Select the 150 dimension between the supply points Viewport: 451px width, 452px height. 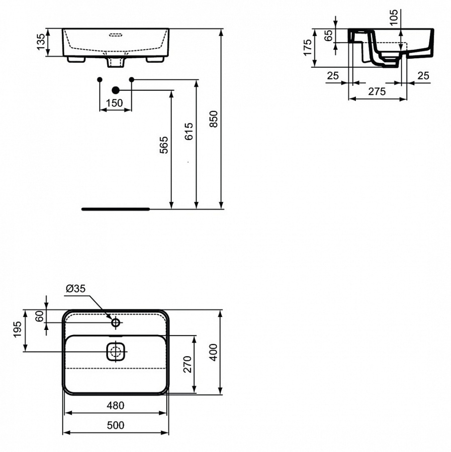pos(115,103)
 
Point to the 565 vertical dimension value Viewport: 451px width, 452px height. pos(164,145)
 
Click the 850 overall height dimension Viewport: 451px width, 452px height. pos(214,119)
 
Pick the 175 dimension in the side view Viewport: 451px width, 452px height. pos(308,48)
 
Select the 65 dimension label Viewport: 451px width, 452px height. pos(328,36)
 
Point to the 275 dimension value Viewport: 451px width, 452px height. pos(377,91)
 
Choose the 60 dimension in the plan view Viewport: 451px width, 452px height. pos(39,316)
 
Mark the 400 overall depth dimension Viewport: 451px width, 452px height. pos(213,353)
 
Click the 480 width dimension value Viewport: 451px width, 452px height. pos(115,405)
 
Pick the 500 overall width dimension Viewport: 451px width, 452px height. pos(115,425)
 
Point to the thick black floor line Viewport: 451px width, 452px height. pos(116,208)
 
